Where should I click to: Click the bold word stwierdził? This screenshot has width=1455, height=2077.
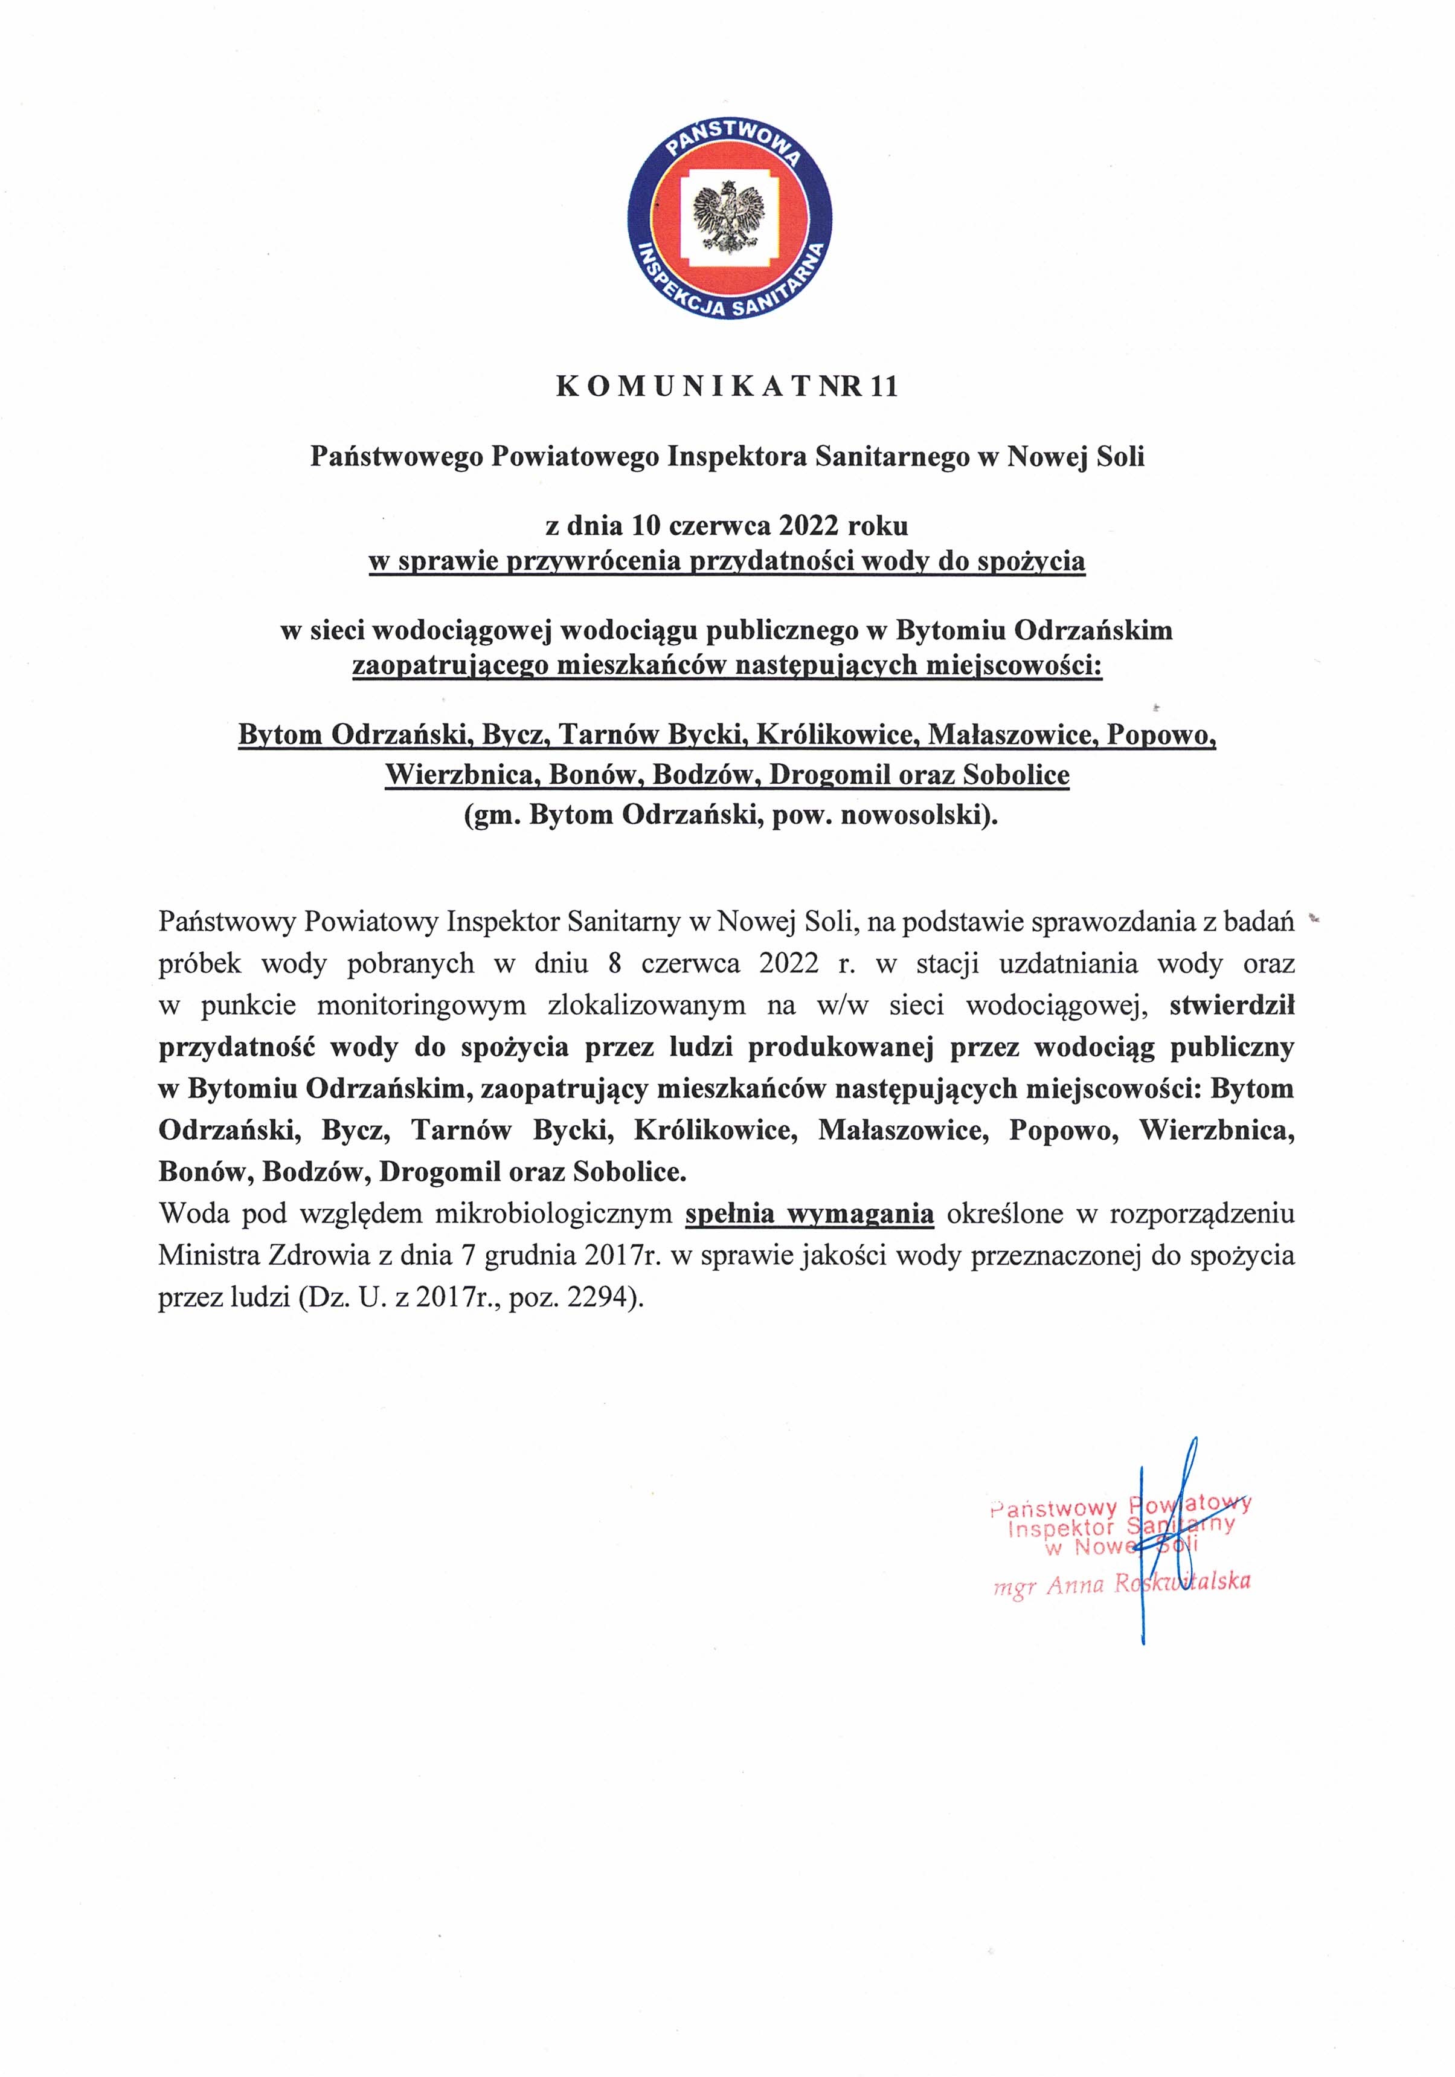pyautogui.click(x=1232, y=1005)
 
